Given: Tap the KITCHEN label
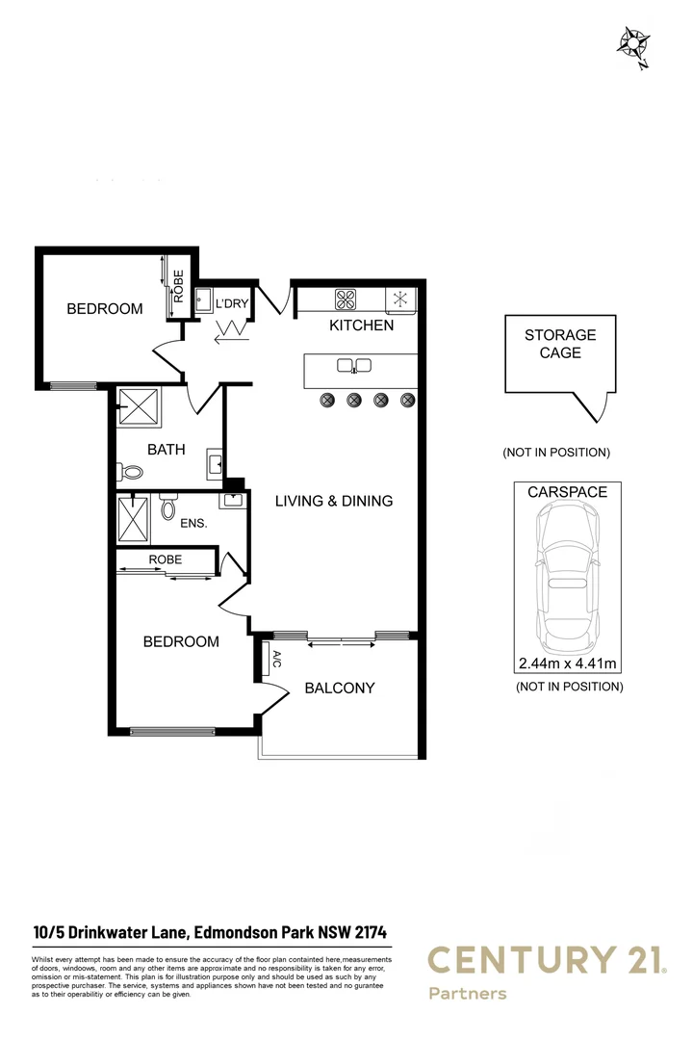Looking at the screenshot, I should click(362, 325).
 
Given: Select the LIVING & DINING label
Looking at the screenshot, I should click(334, 501).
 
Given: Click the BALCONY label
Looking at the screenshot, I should click(339, 688).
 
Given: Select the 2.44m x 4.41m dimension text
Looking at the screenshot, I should click(567, 663).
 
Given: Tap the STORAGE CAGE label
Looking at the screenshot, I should click(560, 344).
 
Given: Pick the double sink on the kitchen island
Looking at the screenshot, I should click(354, 365).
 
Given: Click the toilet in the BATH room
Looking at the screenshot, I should click(130, 472).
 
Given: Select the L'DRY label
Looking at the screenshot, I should click(232, 303).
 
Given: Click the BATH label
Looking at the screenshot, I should click(166, 450).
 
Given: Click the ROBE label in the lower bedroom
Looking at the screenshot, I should click(165, 559).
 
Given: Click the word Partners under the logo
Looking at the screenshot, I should click(467, 993).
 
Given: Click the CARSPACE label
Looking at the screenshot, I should click(567, 491).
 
